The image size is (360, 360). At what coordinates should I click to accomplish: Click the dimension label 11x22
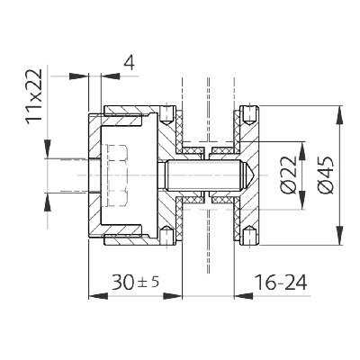click(34, 96)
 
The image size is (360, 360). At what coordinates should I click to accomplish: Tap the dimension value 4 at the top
click(129, 62)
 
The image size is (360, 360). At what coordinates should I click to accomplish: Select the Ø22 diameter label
click(289, 175)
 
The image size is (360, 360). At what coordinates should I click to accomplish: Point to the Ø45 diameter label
click(325, 175)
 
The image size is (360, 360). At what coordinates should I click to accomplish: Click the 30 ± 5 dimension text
click(136, 283)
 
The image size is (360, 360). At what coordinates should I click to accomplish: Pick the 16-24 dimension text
click(281, 283)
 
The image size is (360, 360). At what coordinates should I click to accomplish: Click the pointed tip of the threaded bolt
click(255, 175)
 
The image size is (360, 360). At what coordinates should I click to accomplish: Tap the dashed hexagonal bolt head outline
click(115, 175)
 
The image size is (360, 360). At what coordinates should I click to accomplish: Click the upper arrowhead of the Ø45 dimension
click(340, 114)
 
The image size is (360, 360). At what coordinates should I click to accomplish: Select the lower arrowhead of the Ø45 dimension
click(340, 236)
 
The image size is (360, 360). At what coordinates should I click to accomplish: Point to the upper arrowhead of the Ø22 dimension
click(302, 150)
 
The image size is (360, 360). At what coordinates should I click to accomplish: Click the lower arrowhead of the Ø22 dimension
click(302, 200)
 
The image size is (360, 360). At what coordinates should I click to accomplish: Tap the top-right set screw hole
click(249, 116)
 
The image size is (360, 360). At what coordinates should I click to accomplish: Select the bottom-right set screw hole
click(249, 235)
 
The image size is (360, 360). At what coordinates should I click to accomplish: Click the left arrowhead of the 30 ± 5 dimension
click(98, 296)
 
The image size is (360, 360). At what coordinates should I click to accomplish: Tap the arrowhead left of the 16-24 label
click(243, 296)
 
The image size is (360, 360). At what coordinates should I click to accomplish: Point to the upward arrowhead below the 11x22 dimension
click(48, 202)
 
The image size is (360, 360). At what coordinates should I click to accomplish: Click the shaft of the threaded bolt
click(205, 175)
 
